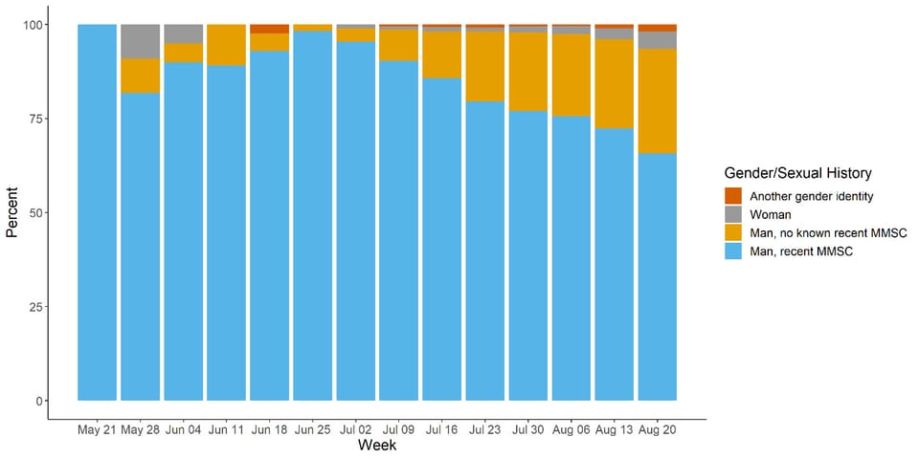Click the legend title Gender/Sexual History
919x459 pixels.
pyautogui.click(x=797, y=173)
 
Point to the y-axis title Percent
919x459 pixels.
pyautogui.click(x=12, y=212)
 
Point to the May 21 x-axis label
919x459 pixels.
pyautogui.click(x=97, y=428)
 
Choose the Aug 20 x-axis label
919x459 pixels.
pyautogui.click(x=658, y=428)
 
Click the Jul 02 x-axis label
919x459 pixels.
pyautogui.click(x=355, y=428)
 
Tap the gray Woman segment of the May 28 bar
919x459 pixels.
pyautogui.click(x=140, y=41)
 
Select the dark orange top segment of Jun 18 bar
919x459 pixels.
pyautogui.click(x=269, y=29)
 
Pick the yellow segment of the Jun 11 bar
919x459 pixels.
pyautogui.click(x=226, y=45)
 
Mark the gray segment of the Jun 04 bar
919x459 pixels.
pyautogui.click(x=183, y=33)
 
